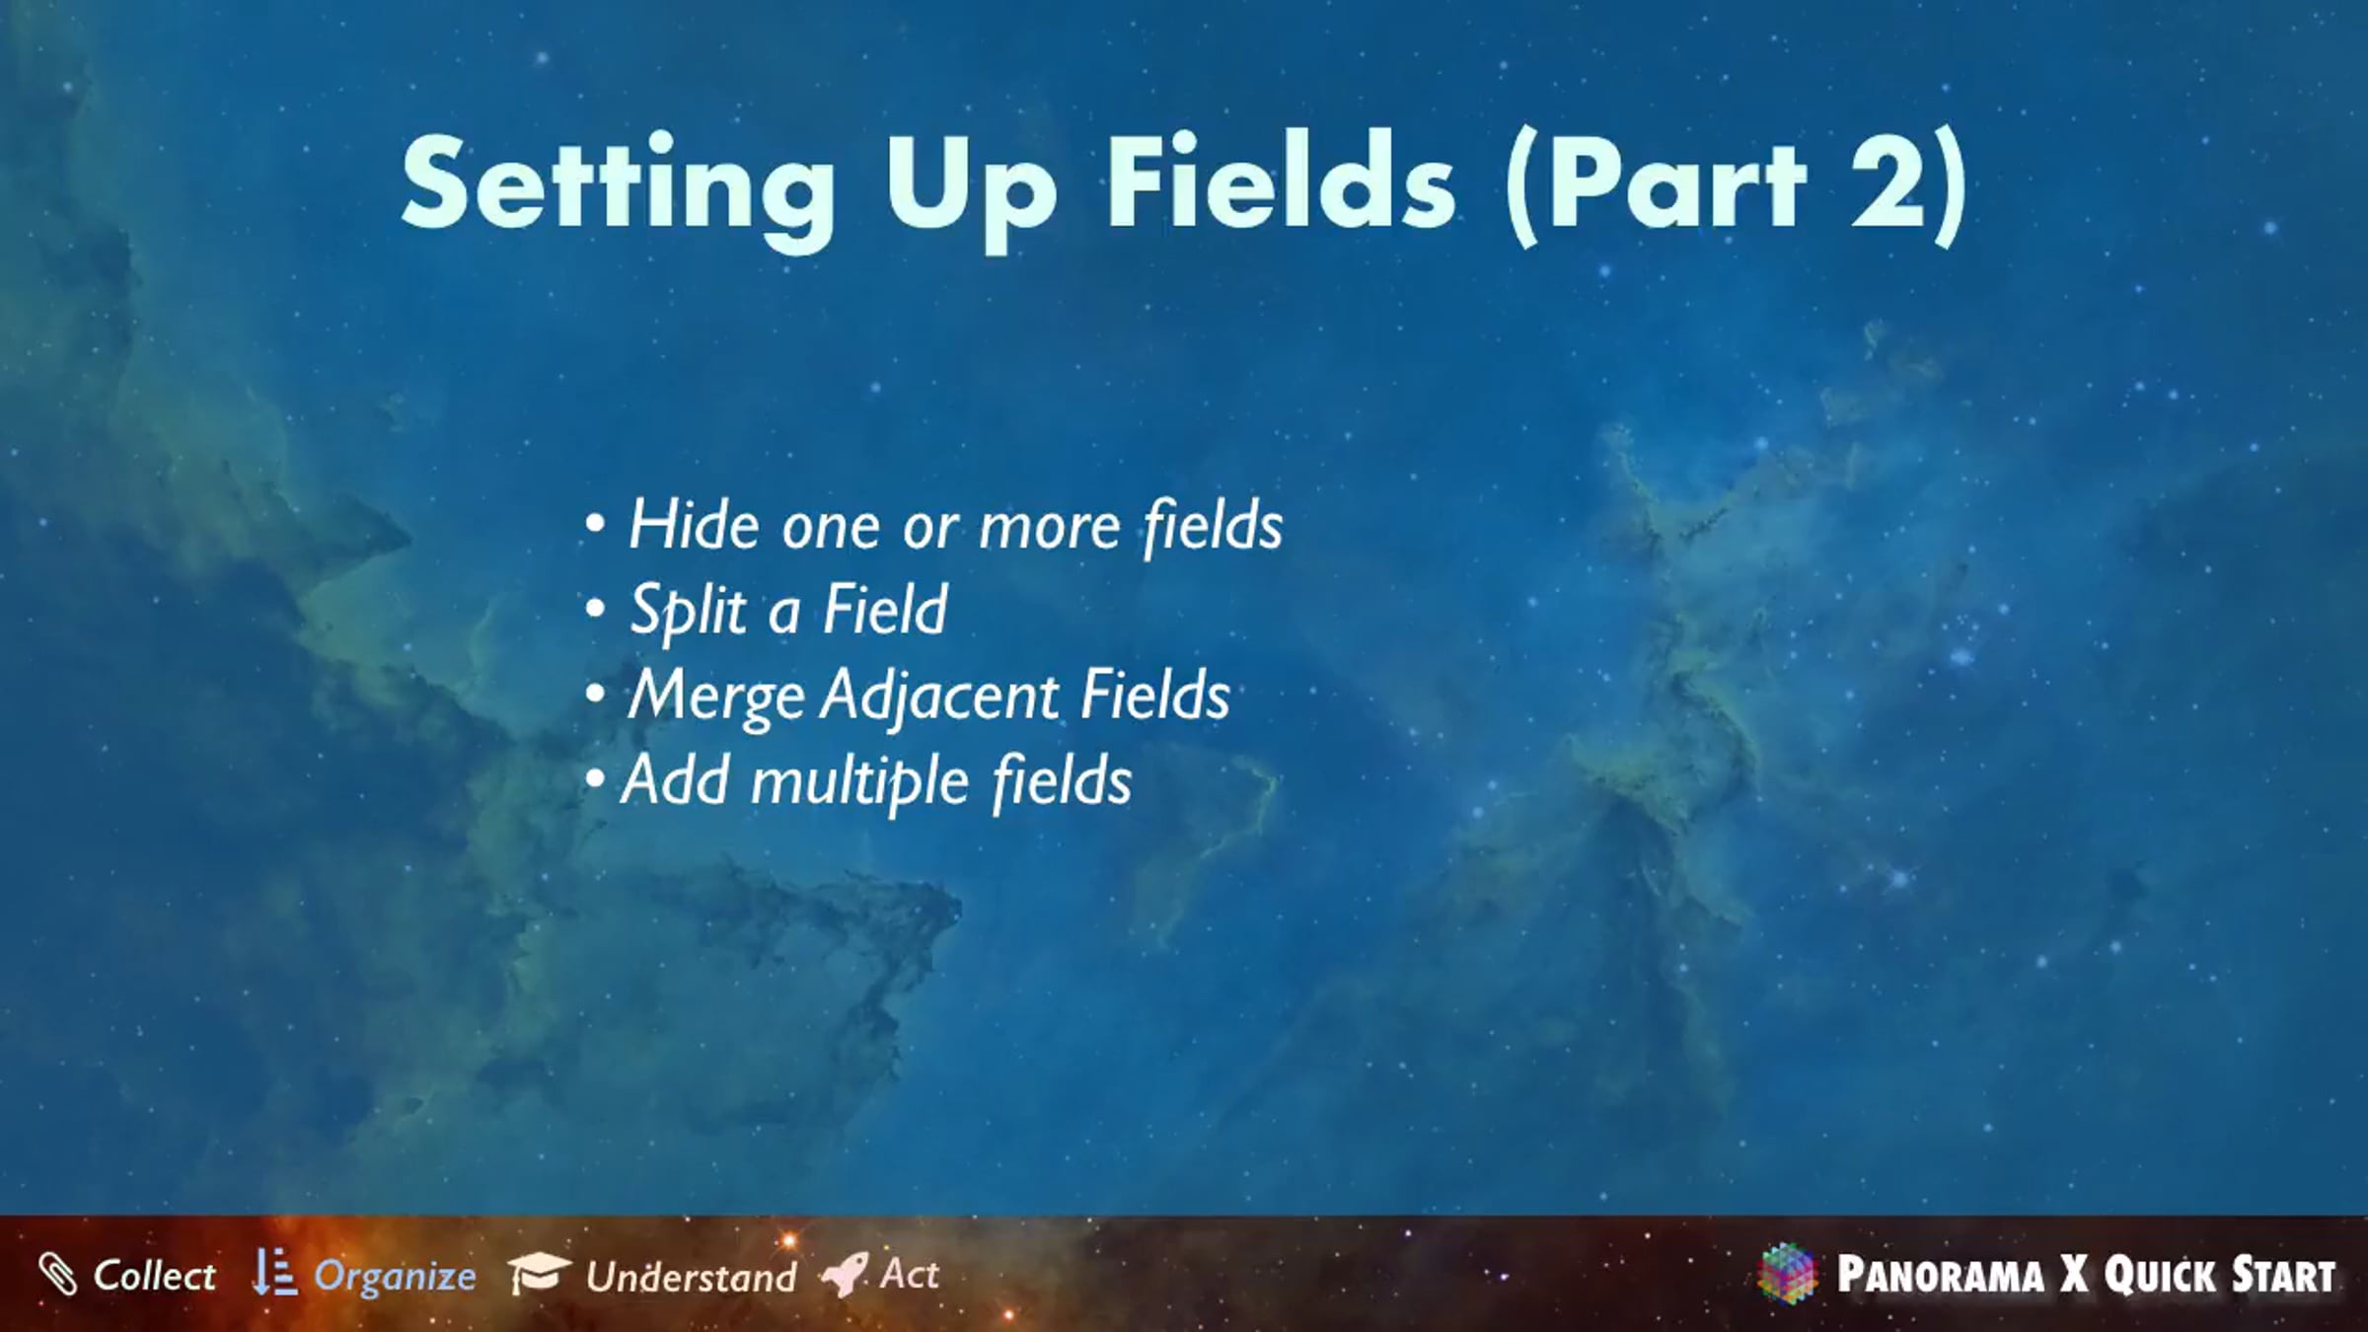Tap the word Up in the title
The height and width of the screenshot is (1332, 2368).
(971, 189)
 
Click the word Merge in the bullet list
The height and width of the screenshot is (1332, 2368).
(716, 697)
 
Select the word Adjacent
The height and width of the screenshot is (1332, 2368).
(941, 696)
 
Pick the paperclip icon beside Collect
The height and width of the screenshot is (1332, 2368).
(57, 1274)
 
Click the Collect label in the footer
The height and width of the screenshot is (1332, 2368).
(154, 1275)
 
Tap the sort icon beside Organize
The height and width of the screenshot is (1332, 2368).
(273, 1273)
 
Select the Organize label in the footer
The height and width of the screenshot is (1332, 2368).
(395, 1277)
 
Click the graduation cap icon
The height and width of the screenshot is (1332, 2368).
(538, 1273)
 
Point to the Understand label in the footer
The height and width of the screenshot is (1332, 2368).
(691, 1277)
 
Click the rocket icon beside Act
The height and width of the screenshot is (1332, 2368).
(845, 1274)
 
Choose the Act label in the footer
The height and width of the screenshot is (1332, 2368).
(909, 1274)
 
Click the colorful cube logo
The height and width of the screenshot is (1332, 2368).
(1787, 1274)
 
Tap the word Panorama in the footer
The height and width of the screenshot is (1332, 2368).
(1941, 1275)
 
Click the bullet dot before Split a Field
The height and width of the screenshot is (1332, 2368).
(595, 609)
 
